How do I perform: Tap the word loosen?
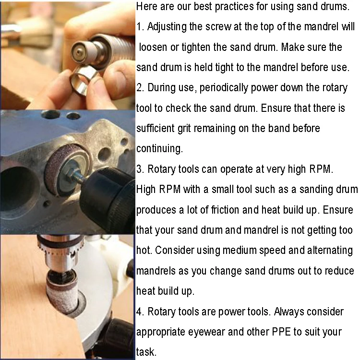(153, 47)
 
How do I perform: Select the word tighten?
(196, 48)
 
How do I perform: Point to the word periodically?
(224, 88)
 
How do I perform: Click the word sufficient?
(156, 128)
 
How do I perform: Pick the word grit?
(184, 129)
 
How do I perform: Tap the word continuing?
(159, 149)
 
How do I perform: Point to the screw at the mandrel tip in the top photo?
(79, 52)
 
